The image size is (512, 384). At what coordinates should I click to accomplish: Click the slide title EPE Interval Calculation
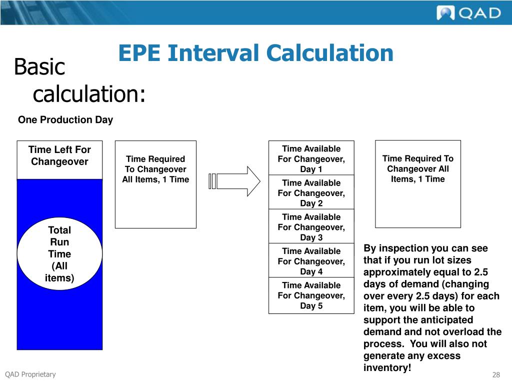tap(255, 53)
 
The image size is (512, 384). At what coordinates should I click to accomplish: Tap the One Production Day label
tap(65, 120)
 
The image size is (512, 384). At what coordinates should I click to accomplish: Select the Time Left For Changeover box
tap(59, 160)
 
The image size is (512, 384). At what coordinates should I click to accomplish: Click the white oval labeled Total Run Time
tap(59, 254)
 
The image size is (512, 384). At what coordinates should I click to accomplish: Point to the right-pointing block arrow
tap(235, 180)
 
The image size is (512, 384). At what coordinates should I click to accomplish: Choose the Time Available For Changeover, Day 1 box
tap(311, 158)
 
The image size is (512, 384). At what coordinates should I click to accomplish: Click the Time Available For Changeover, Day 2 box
tap(311, 193)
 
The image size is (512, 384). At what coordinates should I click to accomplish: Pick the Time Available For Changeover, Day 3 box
tap(311, 227)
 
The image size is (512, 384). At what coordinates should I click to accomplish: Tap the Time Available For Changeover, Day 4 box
tap(311, 261)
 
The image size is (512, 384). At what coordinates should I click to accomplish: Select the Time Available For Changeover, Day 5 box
tap(311, 295)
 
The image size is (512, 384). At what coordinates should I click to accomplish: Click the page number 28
tap(496, 375)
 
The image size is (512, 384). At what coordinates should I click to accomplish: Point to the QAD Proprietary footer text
tap(30, 374)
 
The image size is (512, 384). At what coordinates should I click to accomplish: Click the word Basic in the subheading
tap(39, 67)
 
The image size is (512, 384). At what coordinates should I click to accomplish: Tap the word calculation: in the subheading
tap(89, 93)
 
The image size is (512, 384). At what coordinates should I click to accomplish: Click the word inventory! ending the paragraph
tap(387, 368)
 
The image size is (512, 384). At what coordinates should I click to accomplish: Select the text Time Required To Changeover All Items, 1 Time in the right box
tap(418, 169)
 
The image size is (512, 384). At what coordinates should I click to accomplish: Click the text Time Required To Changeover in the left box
tap(155, 164)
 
